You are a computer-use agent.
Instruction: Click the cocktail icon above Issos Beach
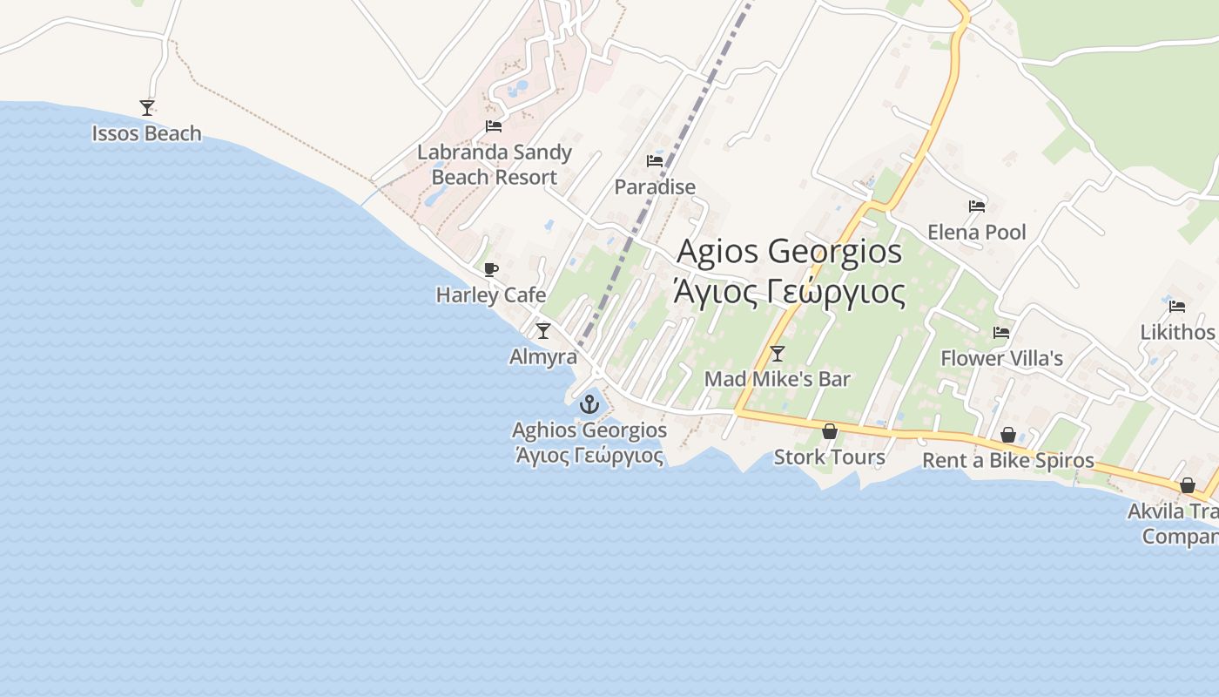(x=147, y=108)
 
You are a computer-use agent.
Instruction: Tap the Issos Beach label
(x=146, y=133)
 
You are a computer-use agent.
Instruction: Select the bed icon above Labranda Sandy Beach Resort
(x=494, y=126)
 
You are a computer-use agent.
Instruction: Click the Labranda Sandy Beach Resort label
(x=494, y=165)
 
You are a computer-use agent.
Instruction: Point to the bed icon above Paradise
(x=655, y=161)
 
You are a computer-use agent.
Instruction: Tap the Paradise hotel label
(x=655, y=186)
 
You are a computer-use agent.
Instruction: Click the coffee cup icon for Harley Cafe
(x=491, y=269)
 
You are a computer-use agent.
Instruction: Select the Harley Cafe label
(x=491, y=295)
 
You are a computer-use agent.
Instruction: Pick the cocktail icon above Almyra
(x=543, y=331)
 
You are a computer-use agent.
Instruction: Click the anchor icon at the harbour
(x=589, y=404)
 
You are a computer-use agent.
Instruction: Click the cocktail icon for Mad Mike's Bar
(x=778, y=354)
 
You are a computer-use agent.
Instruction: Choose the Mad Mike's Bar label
(x=778, y=379)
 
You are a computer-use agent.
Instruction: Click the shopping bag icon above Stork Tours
(x=830, y=431)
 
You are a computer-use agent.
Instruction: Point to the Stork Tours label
(x=829, y=457)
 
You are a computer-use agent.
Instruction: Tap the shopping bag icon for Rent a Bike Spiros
(x=1008, y=435)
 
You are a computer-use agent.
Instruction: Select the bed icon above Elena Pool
(x=977, y=206)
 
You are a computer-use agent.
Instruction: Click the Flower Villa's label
(x=1001, y=358)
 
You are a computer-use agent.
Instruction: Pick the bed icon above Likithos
(x=1177, y=307)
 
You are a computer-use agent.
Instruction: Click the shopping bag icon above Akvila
(x=1188, y=485)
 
